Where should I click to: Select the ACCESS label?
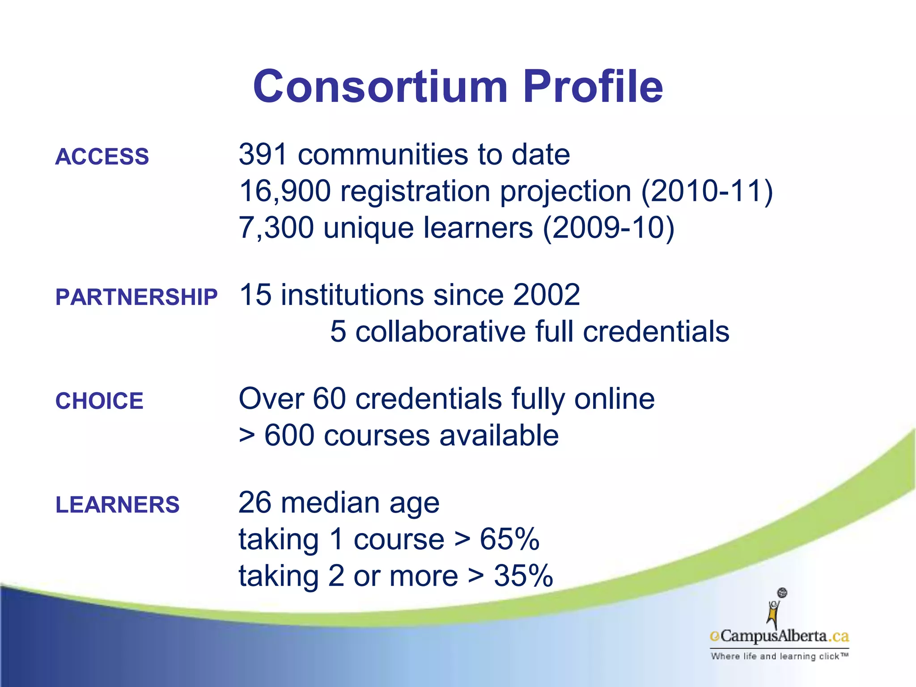point(102,157)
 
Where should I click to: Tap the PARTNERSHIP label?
point(136,297)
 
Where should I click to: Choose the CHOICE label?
point(99,401)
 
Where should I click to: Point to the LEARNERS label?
point(117,505)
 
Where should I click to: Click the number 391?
point(263,154)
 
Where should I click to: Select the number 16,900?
point(284,191)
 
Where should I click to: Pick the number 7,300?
point(276,228)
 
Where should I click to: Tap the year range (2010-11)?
point(707,191)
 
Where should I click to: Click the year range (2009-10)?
point(608,228)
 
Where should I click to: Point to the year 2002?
point(546,295)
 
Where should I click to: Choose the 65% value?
point(509,539)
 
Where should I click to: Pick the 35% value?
point(523,576)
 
